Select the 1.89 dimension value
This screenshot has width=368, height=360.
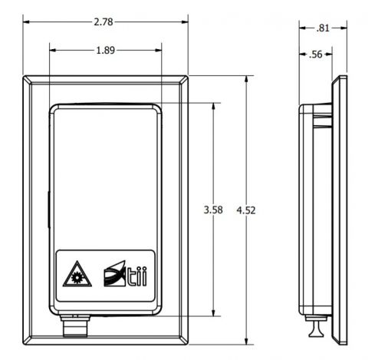[107, 51]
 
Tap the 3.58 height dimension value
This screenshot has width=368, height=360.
[212, 210]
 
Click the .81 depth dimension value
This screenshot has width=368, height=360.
[323, 28]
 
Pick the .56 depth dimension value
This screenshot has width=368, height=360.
[314, 55]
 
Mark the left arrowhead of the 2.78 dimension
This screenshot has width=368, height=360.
[26, 22]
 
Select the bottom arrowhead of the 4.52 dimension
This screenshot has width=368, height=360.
[247, 342]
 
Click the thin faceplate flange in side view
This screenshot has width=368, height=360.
[337, 207]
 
